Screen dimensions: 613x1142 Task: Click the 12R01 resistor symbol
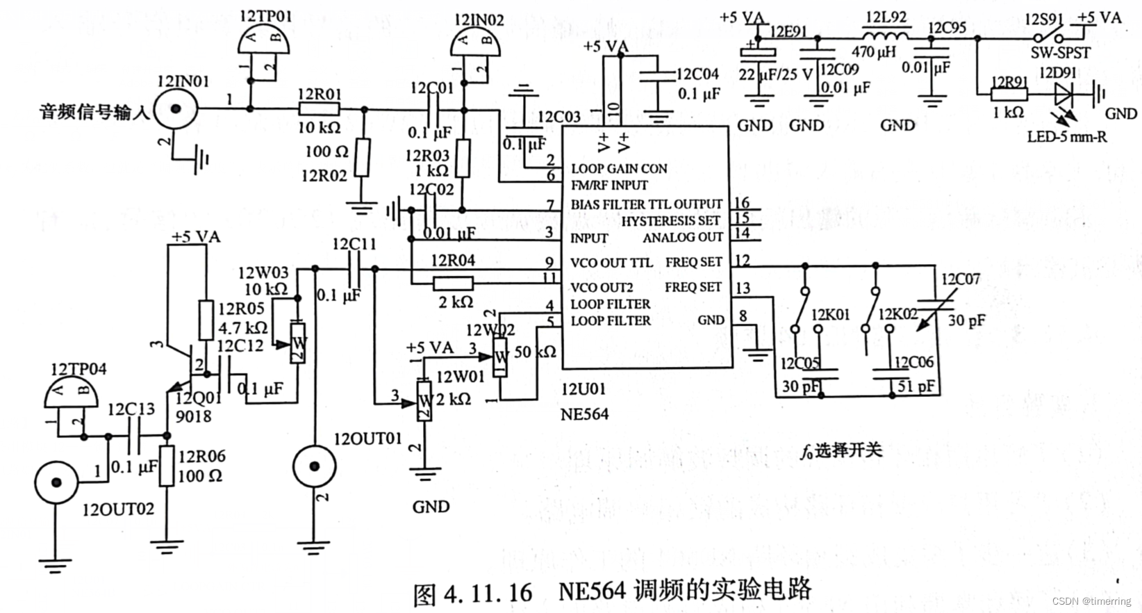319,108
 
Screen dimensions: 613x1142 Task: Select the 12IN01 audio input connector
176,109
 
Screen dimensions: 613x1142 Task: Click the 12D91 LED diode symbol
1065,92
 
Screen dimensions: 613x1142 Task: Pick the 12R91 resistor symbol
1009,94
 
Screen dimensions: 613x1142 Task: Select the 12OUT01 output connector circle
314,467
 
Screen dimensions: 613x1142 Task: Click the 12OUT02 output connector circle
57,482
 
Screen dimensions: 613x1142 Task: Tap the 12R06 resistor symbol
167,466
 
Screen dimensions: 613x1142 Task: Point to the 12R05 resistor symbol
206,320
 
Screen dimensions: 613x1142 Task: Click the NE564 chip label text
584,414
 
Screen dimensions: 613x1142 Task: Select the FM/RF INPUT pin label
609,186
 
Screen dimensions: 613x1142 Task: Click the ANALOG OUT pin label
683,238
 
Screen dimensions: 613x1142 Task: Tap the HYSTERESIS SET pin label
670,221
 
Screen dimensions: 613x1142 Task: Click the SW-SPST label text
1060,53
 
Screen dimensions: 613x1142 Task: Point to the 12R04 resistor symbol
453,283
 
